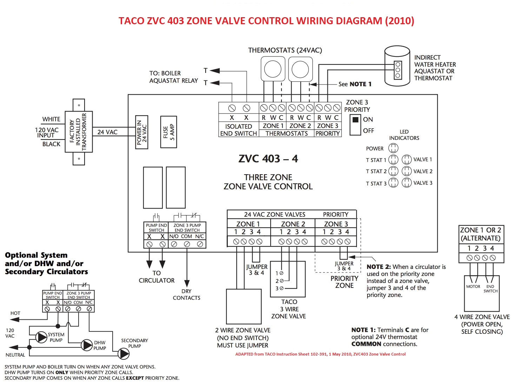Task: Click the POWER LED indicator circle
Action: point(393,148)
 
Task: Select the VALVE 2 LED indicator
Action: point(406,171)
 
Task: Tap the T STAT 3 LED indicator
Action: point(393,183)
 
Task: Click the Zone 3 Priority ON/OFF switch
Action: point(355,125)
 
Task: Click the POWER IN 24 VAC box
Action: point(142,132)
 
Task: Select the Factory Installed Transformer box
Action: point(79,132)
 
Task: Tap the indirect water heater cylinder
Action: point(397,67)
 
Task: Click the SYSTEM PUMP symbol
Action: point(41,337)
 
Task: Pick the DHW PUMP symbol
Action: point(86,345)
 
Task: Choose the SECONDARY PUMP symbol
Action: point(123,353)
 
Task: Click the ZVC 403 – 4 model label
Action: point(268,159)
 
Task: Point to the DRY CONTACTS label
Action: point(186,295)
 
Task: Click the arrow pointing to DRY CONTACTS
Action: point(187,283)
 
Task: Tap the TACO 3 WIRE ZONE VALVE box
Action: point(288,279)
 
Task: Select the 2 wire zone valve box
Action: point(244,306)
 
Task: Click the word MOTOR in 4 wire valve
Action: point(473,286)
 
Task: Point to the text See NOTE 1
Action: point(354,84)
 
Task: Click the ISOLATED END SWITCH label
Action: point(238,130)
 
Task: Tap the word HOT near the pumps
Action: point(15,313)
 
